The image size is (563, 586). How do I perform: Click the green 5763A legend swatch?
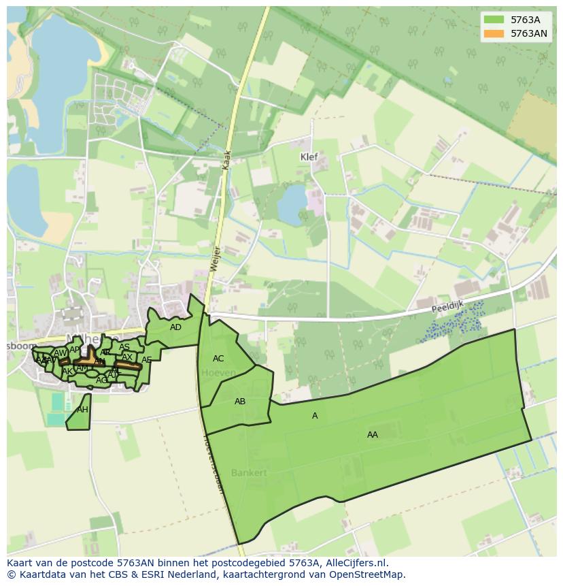[494, 20]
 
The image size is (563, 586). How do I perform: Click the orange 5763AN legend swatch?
[494, 33]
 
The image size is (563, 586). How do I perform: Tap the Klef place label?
[309, 157]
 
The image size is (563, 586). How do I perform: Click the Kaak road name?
[227, 161]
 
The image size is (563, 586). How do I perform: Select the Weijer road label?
[214, 259]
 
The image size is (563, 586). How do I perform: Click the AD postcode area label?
[175, 327]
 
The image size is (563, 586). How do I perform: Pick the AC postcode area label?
[218, 359]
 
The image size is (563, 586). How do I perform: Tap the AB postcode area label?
[240, 402]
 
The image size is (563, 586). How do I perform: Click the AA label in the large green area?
[373, 434]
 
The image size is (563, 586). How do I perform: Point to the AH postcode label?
[82, 410]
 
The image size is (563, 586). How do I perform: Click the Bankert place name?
[248, 472]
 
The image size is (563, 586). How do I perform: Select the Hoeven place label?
[218, 373]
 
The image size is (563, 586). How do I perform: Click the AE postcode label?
[146, 360]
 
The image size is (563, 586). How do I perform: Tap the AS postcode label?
[124, 347]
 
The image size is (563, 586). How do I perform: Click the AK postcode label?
[67, 372]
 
